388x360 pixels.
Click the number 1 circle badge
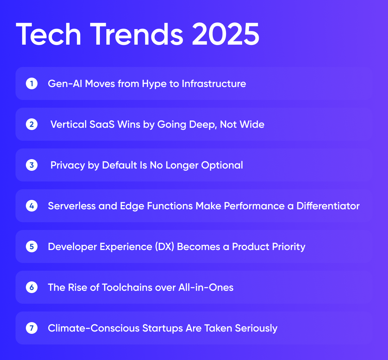click(32, 84)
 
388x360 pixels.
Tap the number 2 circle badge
click(32, 124)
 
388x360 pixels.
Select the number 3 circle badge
click(32, 165)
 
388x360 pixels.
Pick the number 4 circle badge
click(32, 206)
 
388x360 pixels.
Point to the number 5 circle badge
click(32, 247)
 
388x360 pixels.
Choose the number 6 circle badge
click(32, 287)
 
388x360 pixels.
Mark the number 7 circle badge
click(32, 328)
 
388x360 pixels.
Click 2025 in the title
click(226, 34)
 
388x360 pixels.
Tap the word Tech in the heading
click(48, 34)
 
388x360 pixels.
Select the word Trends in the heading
click(136, 34)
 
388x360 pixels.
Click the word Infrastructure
click(214, 84)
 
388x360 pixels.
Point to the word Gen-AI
click(65, 84)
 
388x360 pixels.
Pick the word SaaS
click(102, 124)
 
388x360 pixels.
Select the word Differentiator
click(328, 206)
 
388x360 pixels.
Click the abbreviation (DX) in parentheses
click(165, 247)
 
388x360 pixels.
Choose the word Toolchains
click(127, 287)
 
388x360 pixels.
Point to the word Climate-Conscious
click(94, 328)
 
